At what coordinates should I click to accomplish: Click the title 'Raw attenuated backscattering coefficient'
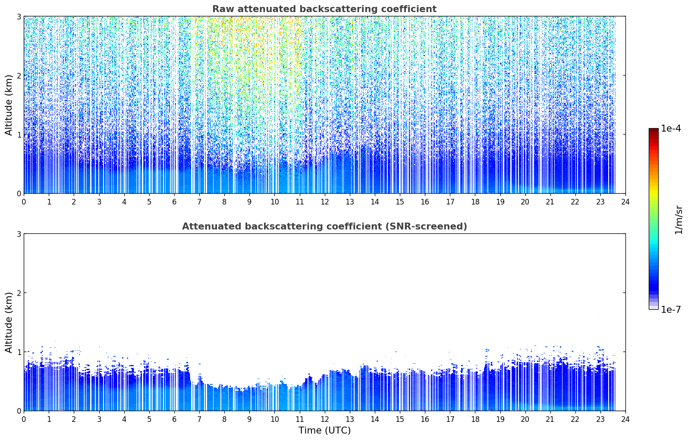[x=324, y=9]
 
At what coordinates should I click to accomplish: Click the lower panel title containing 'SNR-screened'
[x=324, y=226]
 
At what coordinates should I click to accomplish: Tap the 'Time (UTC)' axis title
[x=324, y=431]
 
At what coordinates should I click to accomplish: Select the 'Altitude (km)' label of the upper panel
[x=9, y=105]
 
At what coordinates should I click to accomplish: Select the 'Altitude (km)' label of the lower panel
[x=9, y=323]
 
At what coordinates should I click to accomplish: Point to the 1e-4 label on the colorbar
[x=671, y=129]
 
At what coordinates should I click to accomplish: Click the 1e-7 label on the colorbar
[x=671, y=309]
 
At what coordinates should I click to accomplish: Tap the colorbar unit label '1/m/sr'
[x=679, y=220]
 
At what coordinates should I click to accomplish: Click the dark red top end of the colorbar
[x=653, y=130]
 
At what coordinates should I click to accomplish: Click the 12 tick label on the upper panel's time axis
[x=325, y=202]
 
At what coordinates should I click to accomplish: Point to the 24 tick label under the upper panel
[x=625, y=202]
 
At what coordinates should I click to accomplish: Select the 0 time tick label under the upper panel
[x=24, y=202]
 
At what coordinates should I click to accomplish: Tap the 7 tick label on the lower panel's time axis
[x=199, y=419]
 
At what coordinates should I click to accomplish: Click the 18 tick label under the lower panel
[x=475, y=419]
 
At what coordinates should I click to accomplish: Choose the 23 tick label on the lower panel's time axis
[x=600, y=419]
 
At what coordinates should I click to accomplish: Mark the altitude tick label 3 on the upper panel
[x=19, y=16]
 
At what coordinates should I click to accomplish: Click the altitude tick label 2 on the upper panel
[x=19, y=75]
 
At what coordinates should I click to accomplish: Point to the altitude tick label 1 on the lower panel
[x=19, y=352]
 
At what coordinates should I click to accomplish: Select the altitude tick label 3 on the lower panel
[x=19, y=234]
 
